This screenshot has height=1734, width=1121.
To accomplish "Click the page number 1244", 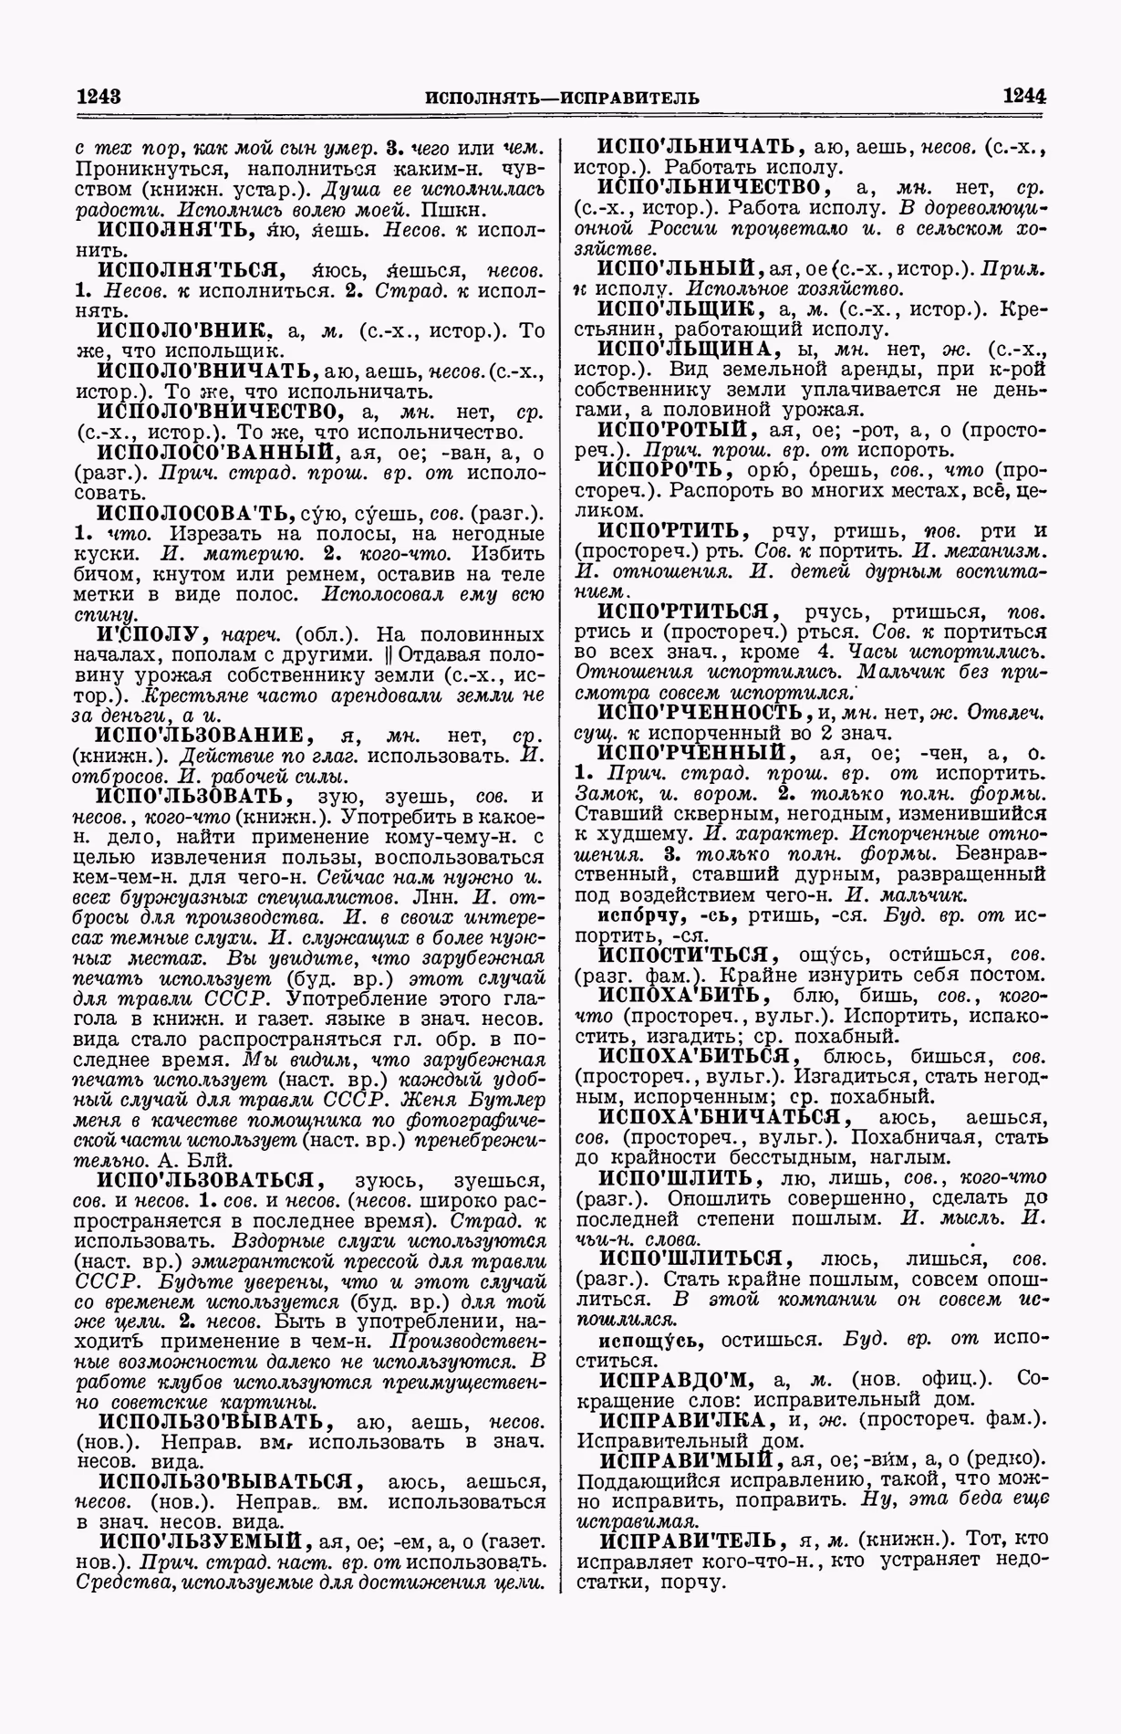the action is pyautogui.click(x=1023, y=96).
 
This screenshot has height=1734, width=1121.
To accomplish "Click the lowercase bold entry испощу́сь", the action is pyautogui.click(x=650, y=1340).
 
